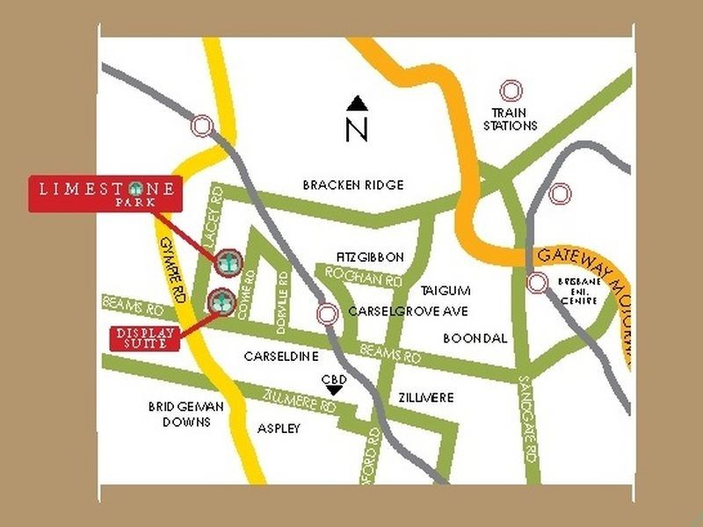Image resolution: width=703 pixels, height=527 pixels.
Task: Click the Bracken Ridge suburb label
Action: click(x=352, y=185)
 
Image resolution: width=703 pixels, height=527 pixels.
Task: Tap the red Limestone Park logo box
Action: click(x=105, y=193)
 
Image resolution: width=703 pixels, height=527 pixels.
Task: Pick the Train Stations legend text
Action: click(x=514, y=119)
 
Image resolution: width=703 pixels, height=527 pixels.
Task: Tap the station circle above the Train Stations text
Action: click(x=511, y=90)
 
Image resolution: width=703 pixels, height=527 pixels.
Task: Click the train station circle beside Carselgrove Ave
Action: click(x=328, y=314)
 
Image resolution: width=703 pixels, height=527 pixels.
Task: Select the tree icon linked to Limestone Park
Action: click(x=228, y=260)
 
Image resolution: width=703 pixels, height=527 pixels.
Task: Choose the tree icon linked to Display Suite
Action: click(x=220, y=301)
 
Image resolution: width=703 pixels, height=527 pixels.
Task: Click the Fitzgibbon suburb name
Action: click(x=370, y=257)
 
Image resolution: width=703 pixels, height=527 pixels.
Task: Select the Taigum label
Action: click(x=446, y=291)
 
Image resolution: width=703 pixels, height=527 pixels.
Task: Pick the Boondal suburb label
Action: click(x=475, y=337)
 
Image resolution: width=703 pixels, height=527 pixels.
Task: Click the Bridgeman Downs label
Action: click(x=186, y=414)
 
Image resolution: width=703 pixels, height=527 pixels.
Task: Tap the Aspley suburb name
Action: click(x=279, y=429)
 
